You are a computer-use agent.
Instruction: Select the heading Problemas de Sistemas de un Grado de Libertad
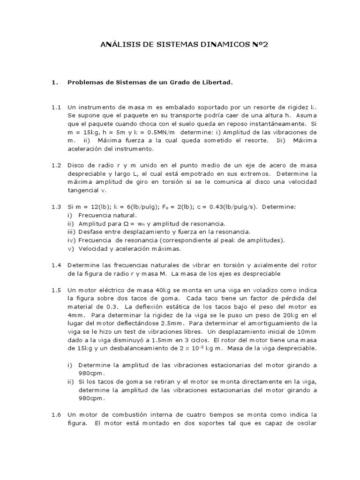150,82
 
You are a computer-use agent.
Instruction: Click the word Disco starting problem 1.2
76,165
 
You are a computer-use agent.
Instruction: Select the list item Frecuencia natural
107,215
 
